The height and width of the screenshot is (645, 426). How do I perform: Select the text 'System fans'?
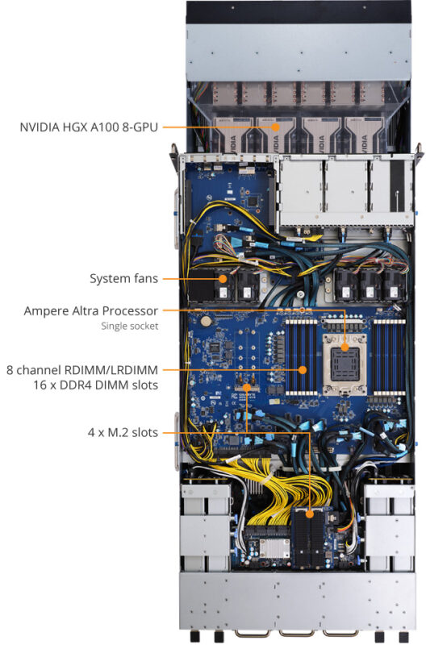123,279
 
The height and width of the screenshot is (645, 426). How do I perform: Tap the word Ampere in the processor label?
48,310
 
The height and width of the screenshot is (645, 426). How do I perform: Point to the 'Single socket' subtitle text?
129,327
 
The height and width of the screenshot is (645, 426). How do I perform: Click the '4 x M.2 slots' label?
122,433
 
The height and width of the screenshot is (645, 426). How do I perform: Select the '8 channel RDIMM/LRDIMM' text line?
82,369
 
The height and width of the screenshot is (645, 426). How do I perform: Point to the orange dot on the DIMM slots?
303,369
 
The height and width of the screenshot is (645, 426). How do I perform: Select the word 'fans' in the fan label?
144,279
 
